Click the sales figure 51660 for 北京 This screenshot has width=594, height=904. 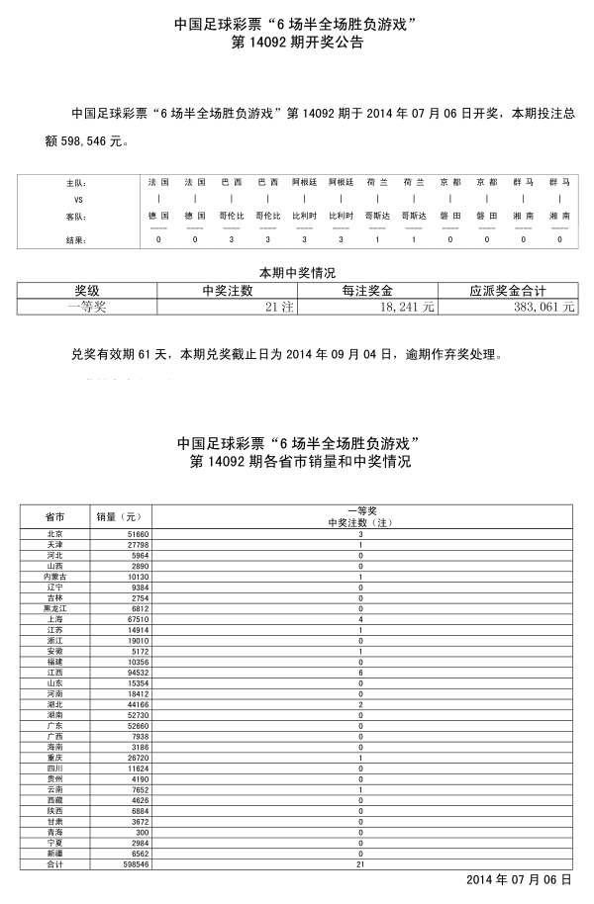(x=136, y=534)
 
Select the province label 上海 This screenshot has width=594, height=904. (x=54, y=619)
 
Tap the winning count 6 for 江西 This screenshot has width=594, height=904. (x=360, y=672)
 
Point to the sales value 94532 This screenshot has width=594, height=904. (x=135, y=672)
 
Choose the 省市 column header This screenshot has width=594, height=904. (x=55, y=516)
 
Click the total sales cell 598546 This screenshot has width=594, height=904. (x=133, y=862)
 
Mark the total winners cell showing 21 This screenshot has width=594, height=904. (x=360, y=862)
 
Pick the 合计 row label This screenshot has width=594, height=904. (x=54, y=862)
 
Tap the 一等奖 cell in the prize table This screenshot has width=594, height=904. (x=86, y=308)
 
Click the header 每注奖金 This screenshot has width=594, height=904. (x=367, y=291)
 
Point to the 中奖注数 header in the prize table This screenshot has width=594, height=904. (x=227, y=291)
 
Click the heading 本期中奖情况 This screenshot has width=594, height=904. (x=297, y=272)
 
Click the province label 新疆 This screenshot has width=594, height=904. (x=54, y=853)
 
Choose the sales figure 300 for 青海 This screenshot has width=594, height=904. (x=139, y=832)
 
